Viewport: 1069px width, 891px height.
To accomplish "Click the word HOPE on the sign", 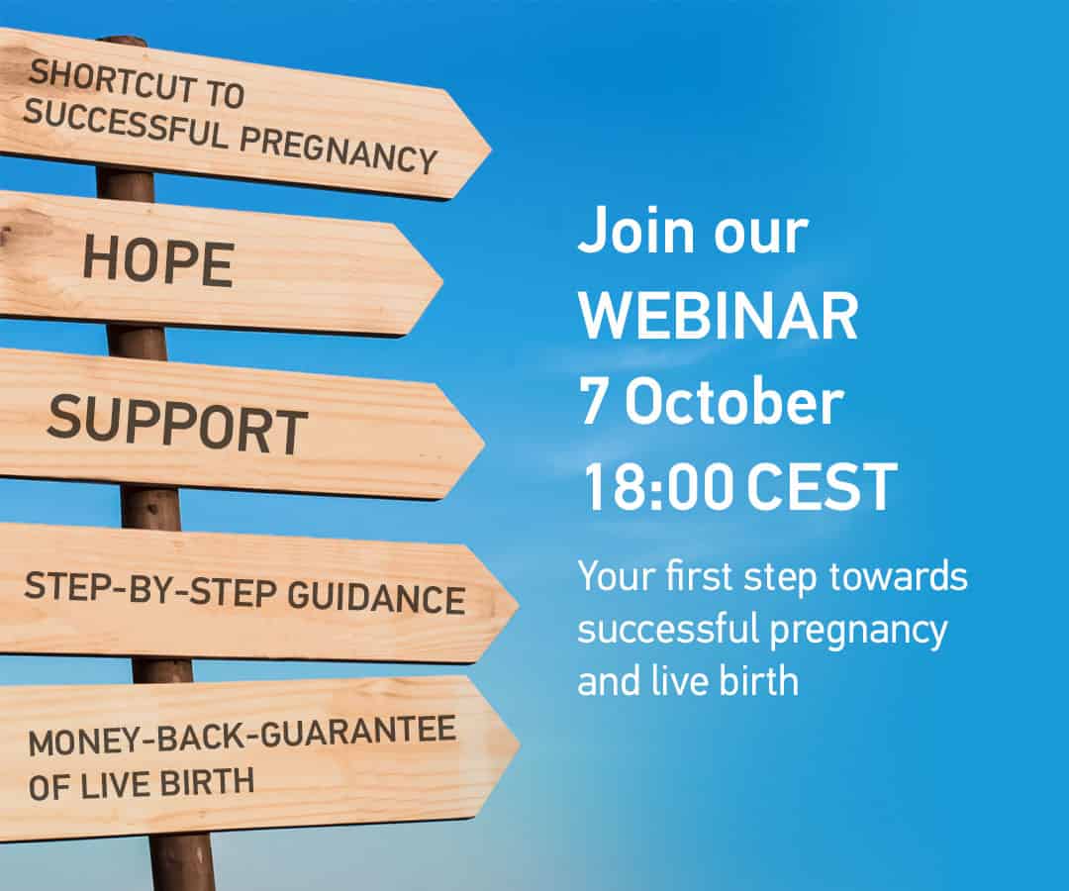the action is pyautogui.click(x=158, y=262).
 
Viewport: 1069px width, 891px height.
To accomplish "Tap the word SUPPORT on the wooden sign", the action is pyautogui.click(x=177, y=424).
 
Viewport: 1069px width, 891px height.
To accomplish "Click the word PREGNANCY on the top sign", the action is pyautogui.click(x=339, y=149).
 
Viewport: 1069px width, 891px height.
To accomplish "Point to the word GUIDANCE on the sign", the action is pyautogui.click(x=376, y=598).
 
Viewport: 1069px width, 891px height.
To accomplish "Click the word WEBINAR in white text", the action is pyautogui.click(x=718, y=316).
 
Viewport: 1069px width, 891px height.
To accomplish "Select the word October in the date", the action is pyautogui.click(x=734, y=401).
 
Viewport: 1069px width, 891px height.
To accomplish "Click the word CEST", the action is pyautogui.click(x=822, y=486).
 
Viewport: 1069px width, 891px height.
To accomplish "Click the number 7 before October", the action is pyautogui.click(x=593, y=402).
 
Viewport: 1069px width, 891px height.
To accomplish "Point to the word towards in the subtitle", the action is pyautogui.click(x=898, y=577).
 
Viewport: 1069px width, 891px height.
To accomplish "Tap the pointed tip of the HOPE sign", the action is pyautogui.click(x=443, y=280).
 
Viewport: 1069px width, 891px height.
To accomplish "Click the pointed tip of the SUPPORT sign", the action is pyautogui.click(x=485, y=444).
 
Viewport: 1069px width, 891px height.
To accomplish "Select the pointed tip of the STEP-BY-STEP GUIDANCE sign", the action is pyautogui.click(x=518, y=604).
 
